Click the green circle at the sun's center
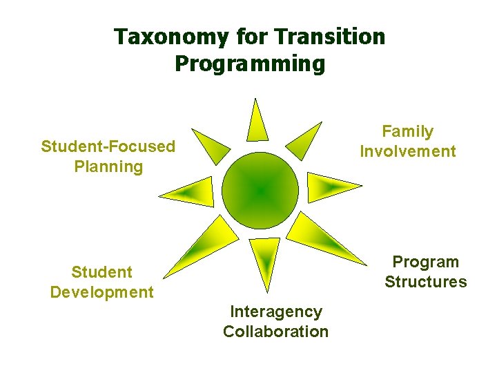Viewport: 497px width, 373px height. tap(260, 190)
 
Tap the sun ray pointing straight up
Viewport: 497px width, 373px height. tap(257, 122)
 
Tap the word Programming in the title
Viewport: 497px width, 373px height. tap(249, 64)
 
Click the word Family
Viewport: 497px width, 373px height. tap(408, 131)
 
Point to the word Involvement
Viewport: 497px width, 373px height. tap(408, 151)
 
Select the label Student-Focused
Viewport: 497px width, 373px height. tap(108, 146)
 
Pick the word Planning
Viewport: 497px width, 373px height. tap(108, 166)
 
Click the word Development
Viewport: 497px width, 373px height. tap(101, 292)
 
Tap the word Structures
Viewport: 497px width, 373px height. tap(426, 282)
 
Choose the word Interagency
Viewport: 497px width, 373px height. tap(275, 312)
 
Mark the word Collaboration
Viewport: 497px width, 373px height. tap(275, 332)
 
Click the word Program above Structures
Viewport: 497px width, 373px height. tap(426, 262)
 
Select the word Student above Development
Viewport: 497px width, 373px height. tap(101, 272)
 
